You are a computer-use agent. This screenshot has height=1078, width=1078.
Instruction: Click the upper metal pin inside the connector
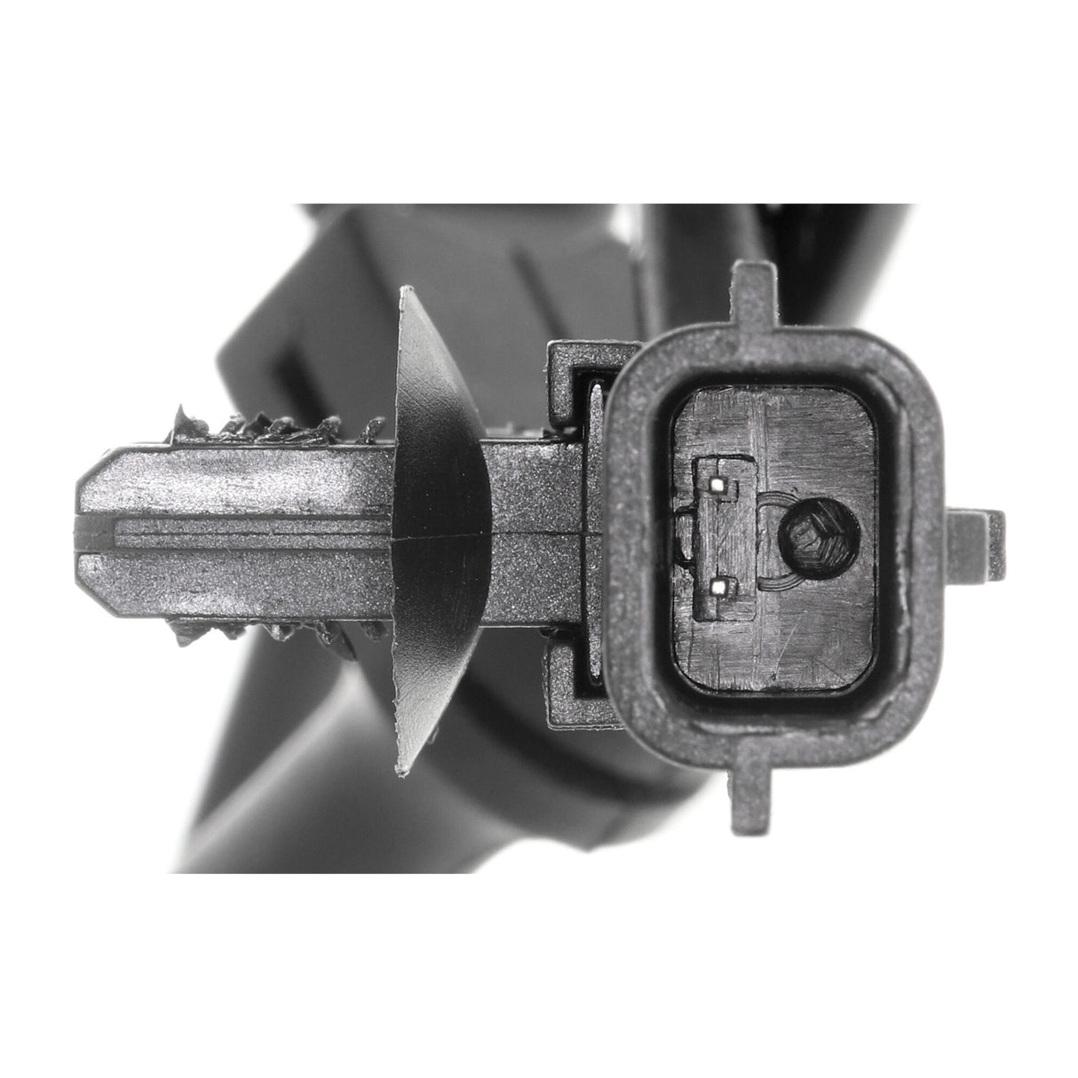[x=720, y=484]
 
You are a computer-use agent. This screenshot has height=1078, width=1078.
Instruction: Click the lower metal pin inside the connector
[x=721, y=586]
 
